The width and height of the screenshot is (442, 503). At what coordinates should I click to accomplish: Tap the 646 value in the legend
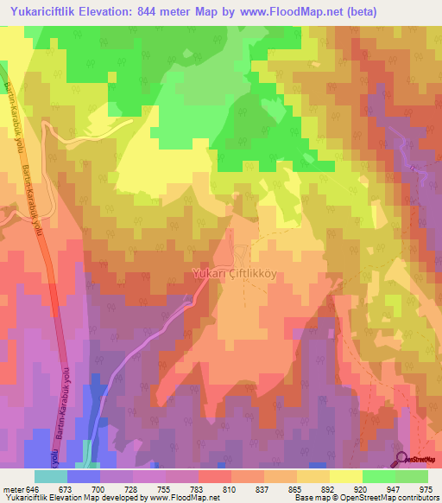(x=32, y=488)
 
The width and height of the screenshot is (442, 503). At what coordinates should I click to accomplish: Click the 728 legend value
(x=132, y=488)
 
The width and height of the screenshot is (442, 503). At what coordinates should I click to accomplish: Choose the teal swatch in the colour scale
(x=51, y=476)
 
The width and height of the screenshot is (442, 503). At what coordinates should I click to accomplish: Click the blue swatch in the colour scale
(x=84, y=476)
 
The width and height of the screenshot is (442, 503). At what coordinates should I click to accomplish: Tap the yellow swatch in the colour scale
(x=346, y=476)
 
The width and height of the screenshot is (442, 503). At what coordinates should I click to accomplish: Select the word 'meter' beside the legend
(x=12, y=488)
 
